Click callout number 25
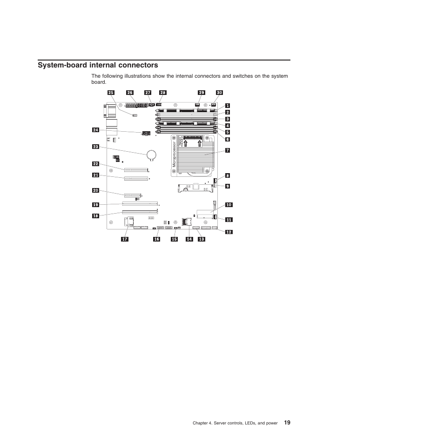tap(111, 93)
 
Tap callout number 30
tap(219, 93)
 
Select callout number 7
tap(228, 150)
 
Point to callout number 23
tap(96, 147)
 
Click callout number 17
tap(125, 239)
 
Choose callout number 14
tap(189, 239)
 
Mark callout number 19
tap(96, 205)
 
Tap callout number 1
tap(228, 106)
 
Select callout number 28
tap(163, 93)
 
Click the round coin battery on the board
tap(152, 154)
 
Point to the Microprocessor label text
tap(173, 151)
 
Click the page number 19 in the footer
tap(287, 423)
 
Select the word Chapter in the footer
tap(201, 423)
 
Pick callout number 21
tap(96, 175)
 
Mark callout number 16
tap(157, 239)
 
